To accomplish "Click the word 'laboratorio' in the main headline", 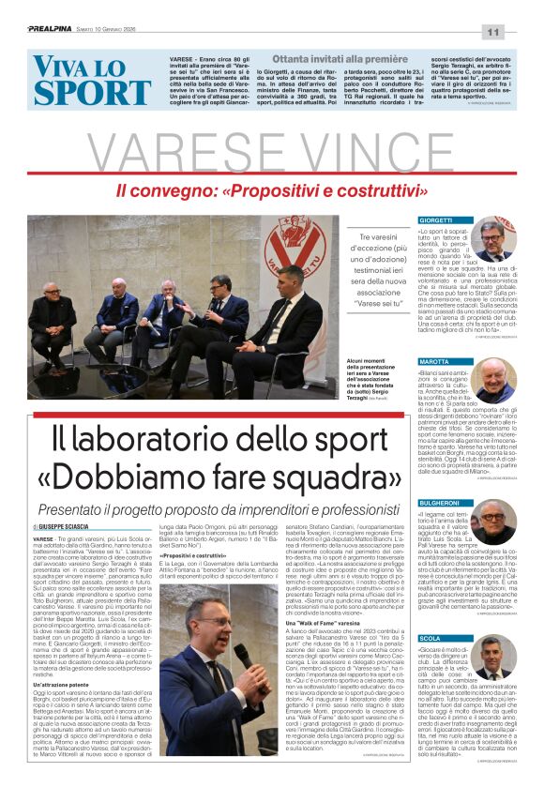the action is (x=188, y=440).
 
